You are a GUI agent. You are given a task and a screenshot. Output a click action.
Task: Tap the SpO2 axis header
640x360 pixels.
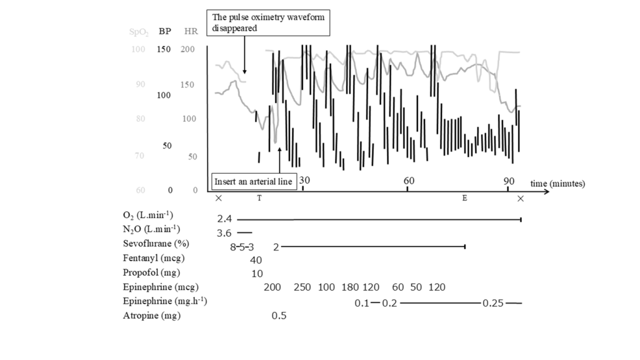(137, 30)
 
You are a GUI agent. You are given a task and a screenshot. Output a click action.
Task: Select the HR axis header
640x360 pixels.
(191, 30)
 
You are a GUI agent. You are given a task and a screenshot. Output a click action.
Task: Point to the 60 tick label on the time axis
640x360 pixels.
(409, 180)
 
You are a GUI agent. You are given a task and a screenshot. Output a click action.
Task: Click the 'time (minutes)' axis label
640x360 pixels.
(557, 184)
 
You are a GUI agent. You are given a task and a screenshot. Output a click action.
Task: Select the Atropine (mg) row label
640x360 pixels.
(151, 316)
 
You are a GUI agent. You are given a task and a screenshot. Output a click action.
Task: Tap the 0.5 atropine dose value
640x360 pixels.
(279, 316)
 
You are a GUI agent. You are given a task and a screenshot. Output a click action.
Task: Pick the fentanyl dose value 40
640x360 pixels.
(256, 259)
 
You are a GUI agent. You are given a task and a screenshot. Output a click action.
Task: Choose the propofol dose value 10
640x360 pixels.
(257, 274)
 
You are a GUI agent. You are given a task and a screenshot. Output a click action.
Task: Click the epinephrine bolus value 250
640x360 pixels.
(302, 287)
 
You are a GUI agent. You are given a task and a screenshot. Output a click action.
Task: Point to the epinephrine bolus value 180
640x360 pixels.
(349, 287)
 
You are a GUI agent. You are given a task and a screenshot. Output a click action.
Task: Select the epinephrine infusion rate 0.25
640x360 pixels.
(493, 302)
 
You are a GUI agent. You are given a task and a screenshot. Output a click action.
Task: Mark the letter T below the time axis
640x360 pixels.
(259, 198)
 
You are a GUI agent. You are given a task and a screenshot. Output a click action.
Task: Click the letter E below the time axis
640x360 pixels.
(464, 198)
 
